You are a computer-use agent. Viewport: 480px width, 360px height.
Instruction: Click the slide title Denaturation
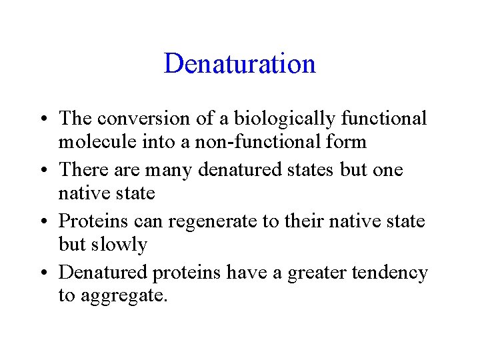(x=239, y=64)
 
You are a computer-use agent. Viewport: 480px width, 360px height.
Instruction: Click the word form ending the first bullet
(x=347, y=142)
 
